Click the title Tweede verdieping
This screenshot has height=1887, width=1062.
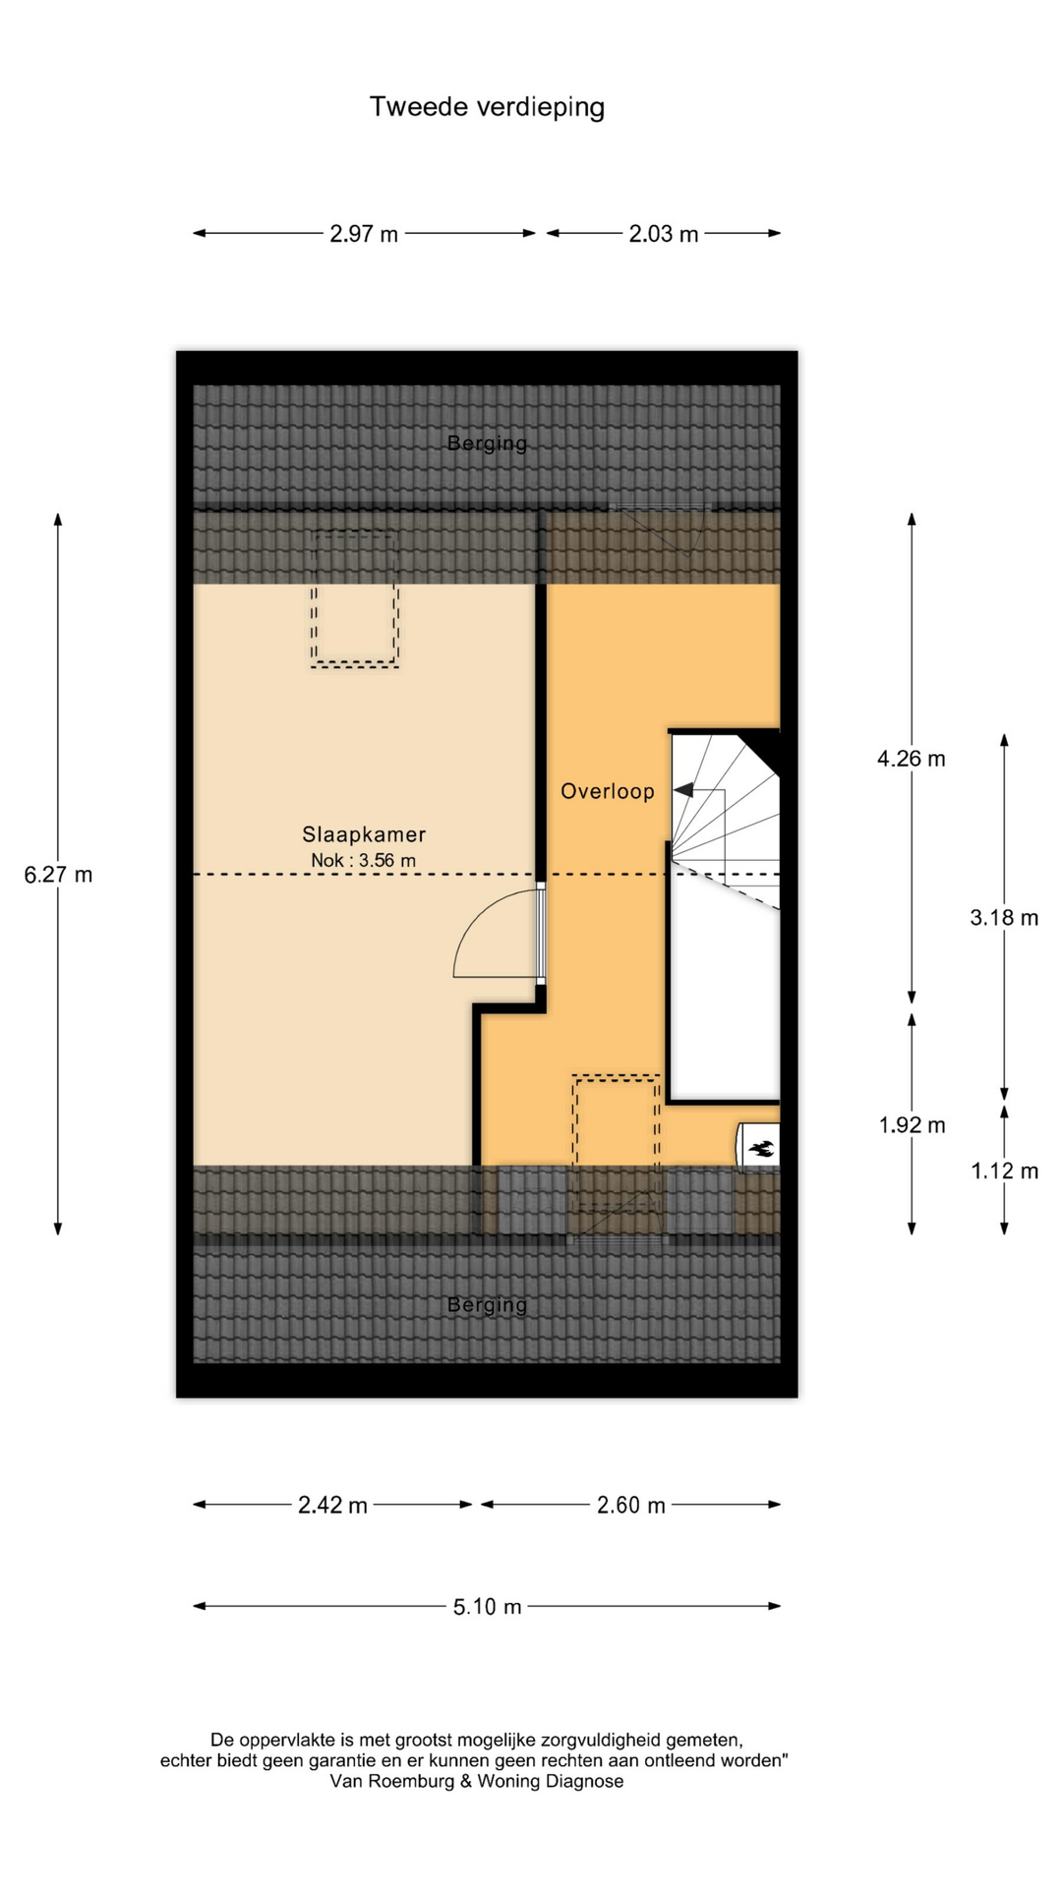tap(487, 107)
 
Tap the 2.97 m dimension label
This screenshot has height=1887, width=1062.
tap(364, 234)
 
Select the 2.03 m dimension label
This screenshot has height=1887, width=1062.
tap(664, 234)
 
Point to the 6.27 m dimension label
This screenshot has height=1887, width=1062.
tap(58, 875)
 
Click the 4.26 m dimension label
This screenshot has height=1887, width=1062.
tap(912, 759)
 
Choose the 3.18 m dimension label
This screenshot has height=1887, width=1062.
tap(1004, 918)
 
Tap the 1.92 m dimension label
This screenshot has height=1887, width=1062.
tap(912, 1125)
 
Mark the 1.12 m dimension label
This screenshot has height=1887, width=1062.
tap(1004, 1171)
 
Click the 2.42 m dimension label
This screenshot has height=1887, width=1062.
tap(332, 1506)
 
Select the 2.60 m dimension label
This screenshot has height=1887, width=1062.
tap(631, 1506)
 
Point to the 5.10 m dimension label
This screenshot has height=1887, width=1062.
tap(487, 1608)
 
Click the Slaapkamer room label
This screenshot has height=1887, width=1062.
tap(364, 834)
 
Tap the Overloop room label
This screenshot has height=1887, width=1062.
tap(608, 791)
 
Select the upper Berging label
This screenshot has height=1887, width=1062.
tap(487, 443)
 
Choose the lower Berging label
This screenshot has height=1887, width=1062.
tap(487, 1305)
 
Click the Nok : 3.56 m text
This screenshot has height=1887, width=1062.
tap(364, 861)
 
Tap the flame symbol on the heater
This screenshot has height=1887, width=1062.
tap(762, 1147)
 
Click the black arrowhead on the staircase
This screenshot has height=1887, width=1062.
tap(682, 790)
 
